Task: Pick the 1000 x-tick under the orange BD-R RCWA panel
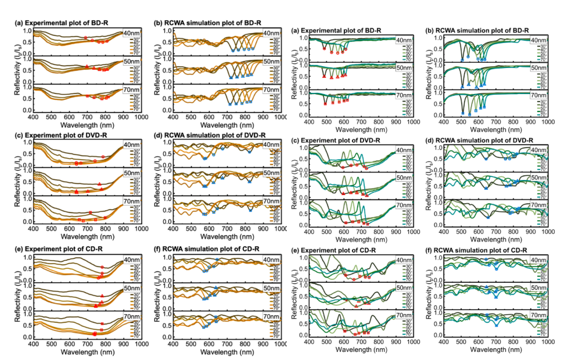(278, 117)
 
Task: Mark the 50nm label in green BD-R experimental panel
(403, 67)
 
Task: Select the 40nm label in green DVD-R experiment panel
(403, 150)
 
